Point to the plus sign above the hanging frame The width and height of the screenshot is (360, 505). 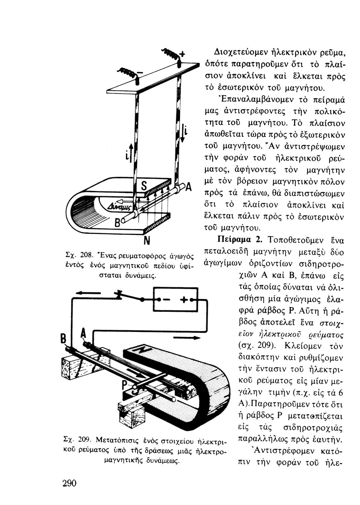click(182, 54)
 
